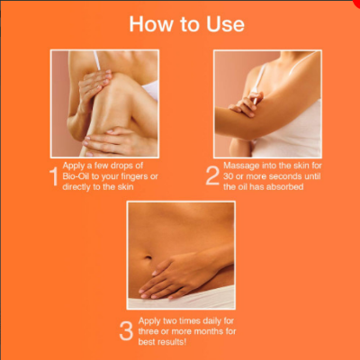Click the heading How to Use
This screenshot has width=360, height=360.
(x=186, y=23)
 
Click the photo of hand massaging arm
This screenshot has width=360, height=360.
(x=266, y=103)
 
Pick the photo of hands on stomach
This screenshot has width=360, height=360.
(x=180, y=256)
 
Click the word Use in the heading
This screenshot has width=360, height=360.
(x=224, y=23)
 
